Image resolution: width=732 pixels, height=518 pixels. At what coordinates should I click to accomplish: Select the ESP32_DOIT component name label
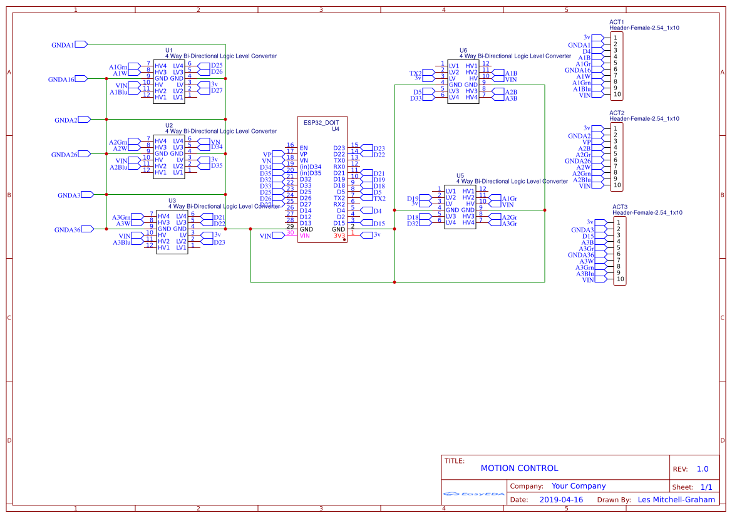point(321,123)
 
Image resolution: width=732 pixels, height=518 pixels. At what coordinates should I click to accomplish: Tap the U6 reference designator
point(463,50)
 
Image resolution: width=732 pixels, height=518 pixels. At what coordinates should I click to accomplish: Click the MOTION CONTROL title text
point(519,468)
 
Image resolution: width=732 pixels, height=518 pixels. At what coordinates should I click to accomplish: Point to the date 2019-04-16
point(560,500)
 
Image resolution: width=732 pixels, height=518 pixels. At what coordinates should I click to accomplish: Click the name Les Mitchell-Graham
point(676,500)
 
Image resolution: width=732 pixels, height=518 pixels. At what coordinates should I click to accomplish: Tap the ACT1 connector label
point(617,22)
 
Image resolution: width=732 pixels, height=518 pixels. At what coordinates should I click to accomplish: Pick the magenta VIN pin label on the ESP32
point(305,236)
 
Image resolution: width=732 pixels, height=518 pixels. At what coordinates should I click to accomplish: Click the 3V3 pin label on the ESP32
point(338,236)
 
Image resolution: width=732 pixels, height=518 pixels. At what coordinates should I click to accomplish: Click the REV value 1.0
point(702,469)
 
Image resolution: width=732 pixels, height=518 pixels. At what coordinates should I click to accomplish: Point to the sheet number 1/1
point(706,487)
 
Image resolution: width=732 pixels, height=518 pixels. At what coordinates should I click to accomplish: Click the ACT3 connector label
point(620,207)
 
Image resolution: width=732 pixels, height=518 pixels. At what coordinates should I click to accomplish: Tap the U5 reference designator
point(460,175)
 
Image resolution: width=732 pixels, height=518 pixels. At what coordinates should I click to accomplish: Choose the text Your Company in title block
point(578,486)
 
